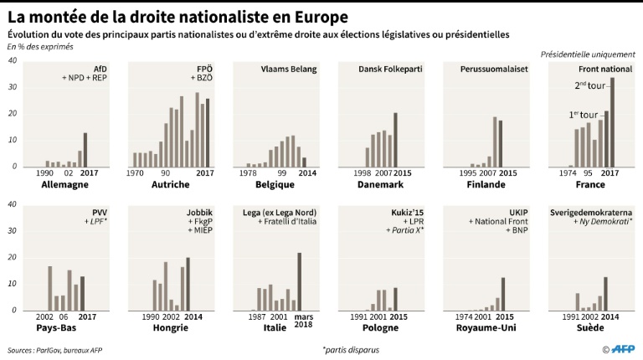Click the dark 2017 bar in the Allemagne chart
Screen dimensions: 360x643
[x=85, y=150]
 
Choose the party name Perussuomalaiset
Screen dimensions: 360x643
[x=487, y=69]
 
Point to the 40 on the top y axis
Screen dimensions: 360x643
[x=12, y=61]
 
